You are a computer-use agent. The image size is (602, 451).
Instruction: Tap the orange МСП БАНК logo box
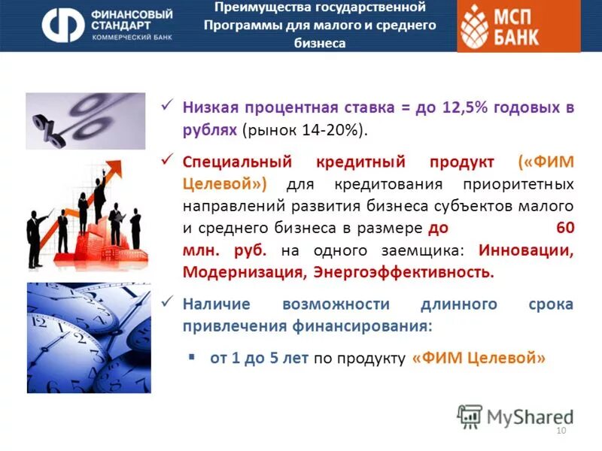coord(518,26)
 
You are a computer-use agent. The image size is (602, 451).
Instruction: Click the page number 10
coord(560,430)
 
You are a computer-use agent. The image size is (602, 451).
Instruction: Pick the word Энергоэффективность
coord(403,271)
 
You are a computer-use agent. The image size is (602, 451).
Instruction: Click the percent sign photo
coord(85,120)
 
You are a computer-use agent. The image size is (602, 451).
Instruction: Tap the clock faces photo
coord(88,337)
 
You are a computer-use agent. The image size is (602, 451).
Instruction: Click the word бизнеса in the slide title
coord(320,43)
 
